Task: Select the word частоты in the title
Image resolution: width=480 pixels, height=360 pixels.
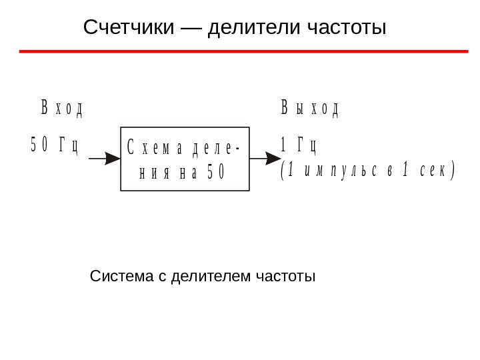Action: [x=347, y=28]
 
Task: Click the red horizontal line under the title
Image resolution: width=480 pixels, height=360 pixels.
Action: [x=243, y=51]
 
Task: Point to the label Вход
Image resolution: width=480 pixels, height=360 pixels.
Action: [x=62, y=109]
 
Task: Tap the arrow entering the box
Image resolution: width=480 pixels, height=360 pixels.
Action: [x=104, y=159]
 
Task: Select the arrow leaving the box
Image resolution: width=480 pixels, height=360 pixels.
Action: [x=265, y=159]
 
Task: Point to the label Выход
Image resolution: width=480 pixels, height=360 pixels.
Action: [x=309, y=109]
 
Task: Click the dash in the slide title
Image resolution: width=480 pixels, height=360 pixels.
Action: [x=191, y=28]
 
